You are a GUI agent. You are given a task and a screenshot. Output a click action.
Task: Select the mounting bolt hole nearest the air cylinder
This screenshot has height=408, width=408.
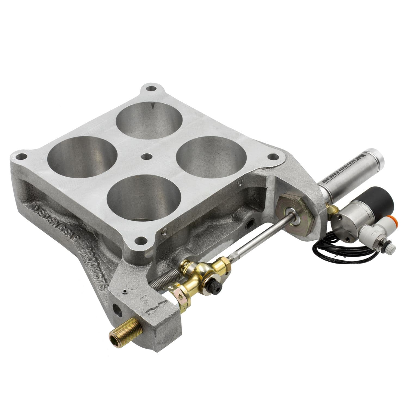point(273,157)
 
